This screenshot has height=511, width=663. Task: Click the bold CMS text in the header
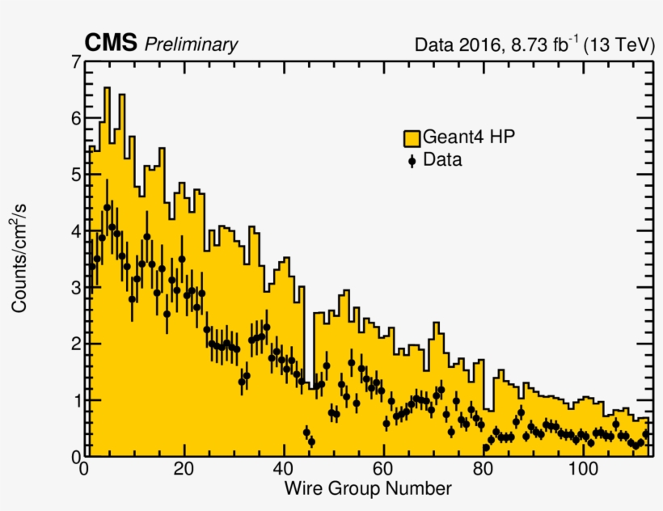pos(111,44)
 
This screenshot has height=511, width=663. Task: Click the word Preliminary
pos(191,45)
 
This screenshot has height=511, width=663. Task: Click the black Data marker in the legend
pos(412,160)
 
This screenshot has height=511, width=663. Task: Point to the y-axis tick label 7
pos(75,62)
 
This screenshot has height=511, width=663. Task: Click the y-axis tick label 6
pos(75,118)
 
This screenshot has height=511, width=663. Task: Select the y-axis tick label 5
pos(75,175)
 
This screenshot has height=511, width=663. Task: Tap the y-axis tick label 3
pos(75,288)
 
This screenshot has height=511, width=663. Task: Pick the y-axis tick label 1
pos(75,400)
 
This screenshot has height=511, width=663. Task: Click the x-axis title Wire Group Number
pos(368,489)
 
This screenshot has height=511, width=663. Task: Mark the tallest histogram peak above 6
pos(107,88)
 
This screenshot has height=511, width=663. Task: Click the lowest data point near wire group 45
pos(311,441)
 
